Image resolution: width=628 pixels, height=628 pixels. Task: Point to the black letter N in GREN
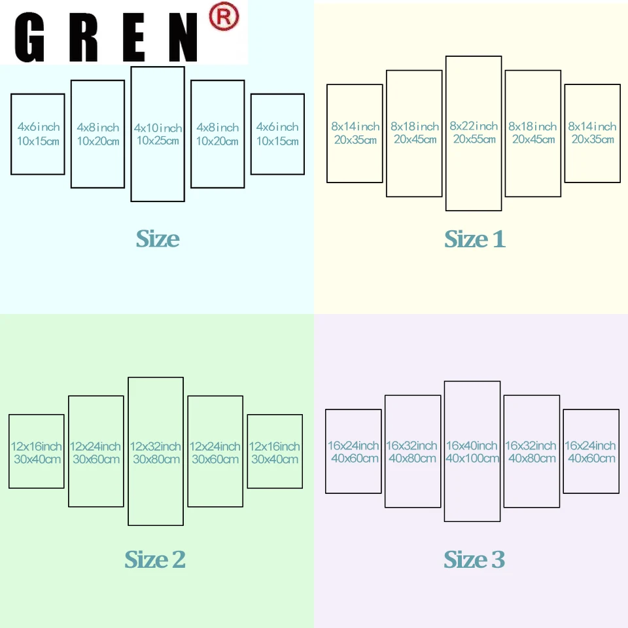185,38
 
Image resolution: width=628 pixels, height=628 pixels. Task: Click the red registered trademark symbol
223,18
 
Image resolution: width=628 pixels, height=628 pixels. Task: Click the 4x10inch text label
158,128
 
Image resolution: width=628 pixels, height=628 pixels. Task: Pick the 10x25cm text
158,141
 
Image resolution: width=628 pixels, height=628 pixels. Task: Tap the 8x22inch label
474,126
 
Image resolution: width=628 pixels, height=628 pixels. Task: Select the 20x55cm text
474,139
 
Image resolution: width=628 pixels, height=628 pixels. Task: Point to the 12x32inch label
155,446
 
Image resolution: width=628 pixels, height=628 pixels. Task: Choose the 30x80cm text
155,459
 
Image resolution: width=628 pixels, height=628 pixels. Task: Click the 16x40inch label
473,445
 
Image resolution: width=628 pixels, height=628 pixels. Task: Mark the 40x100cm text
473,459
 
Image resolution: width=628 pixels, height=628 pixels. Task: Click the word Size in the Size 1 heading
465,239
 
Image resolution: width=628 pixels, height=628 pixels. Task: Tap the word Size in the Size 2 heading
145,560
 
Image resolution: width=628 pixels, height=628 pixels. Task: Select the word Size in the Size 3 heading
464,560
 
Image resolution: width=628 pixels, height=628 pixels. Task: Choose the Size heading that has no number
158,239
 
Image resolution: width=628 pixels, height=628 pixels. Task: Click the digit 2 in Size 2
178,560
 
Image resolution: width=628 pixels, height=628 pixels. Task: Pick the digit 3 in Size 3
498,560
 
